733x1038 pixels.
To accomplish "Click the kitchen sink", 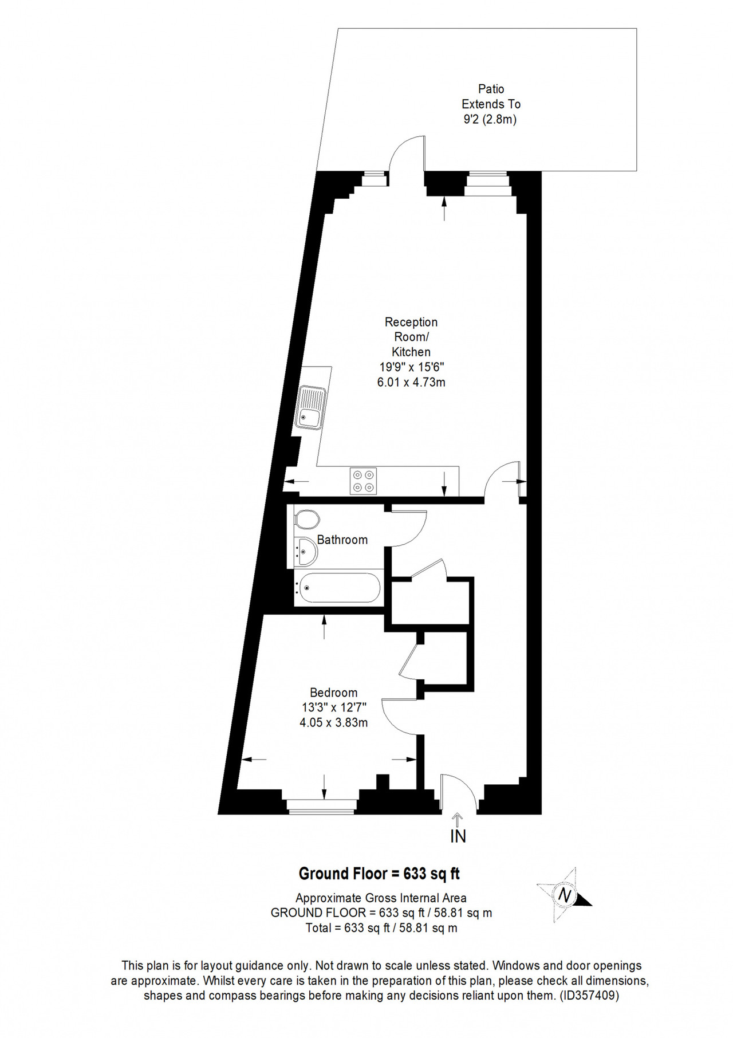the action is (x=310, y=408).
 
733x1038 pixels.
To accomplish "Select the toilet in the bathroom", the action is (x=307, y=521).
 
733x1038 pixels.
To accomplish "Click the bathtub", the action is (x=338, y=587).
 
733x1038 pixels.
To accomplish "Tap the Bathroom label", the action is (x=342, y=540).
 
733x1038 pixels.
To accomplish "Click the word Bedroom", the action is (x=334, y=693).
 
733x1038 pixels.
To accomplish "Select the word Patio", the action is (x=491, y=89).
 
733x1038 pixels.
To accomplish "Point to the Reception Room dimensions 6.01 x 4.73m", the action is (x=411, y=382).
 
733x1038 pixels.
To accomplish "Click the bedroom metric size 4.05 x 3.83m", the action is (x=334, y=723).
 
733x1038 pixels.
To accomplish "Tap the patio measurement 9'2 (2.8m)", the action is (x=490, y=120).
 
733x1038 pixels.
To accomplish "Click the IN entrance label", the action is (x=458, y=836).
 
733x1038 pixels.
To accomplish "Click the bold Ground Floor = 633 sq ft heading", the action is (x=379, y=874).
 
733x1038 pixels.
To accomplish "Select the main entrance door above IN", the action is (x=458, y=793).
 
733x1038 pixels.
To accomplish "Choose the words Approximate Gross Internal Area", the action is (x=381, y=898).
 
